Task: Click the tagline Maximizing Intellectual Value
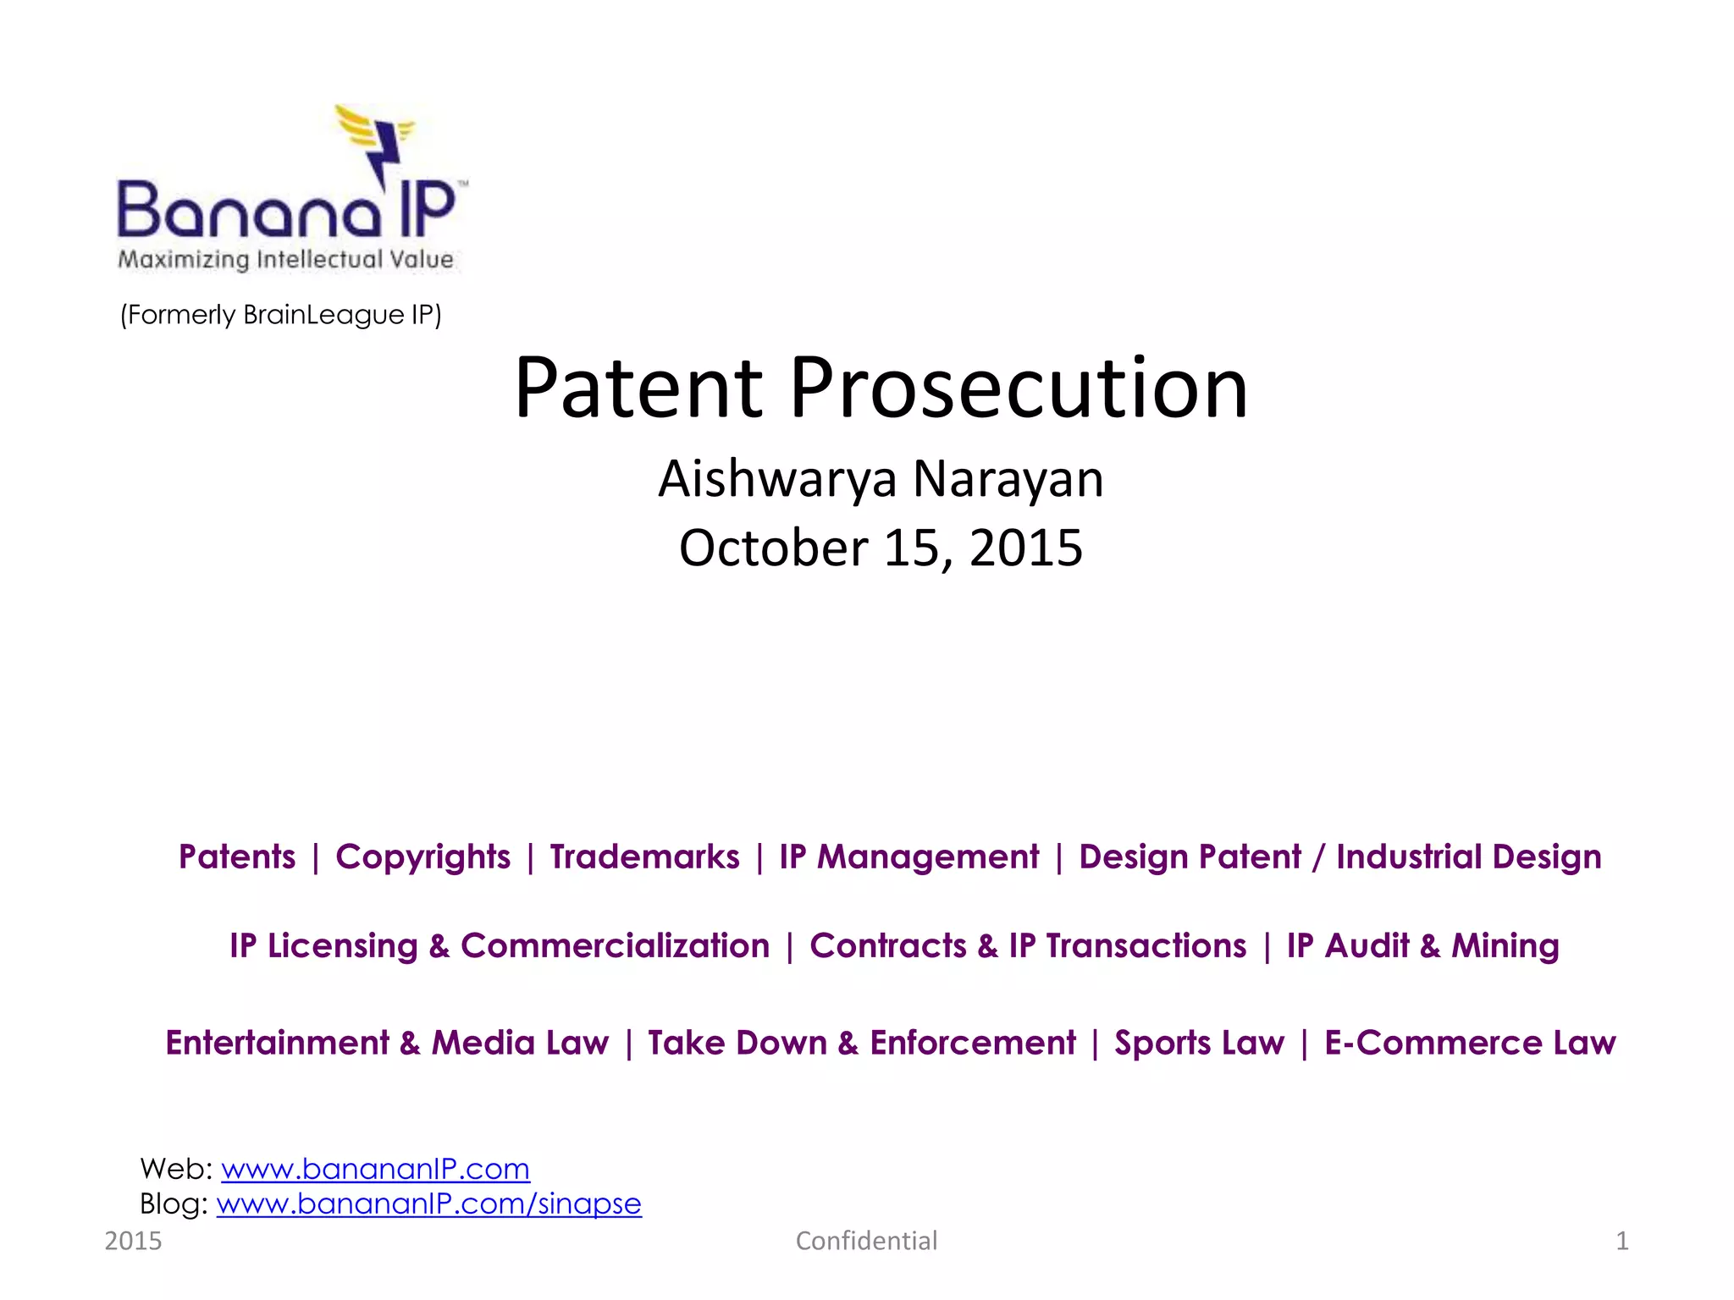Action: pos(286,259)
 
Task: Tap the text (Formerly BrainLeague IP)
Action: pos(280,315)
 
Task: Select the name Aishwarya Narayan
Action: pos(881,479)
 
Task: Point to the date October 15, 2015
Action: pos(881,548)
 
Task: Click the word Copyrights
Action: pos(422,857)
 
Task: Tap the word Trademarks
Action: pos(644,857)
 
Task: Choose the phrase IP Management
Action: pos(908,857)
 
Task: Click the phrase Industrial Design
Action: pos(1469,857)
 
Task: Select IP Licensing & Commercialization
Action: pos(500,946)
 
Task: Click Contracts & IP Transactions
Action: pos(1028,946)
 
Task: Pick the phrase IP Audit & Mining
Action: pos(1422,946)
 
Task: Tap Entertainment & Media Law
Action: pos(387,1043)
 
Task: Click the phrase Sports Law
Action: pos(1199,1043)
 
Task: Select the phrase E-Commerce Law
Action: pos(1470,1043)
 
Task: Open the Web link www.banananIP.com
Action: pos(375,1169)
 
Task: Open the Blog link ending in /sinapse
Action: pos(428,1204)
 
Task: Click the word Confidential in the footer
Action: pos(866,1241)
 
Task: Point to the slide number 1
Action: pos(1621,1241)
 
